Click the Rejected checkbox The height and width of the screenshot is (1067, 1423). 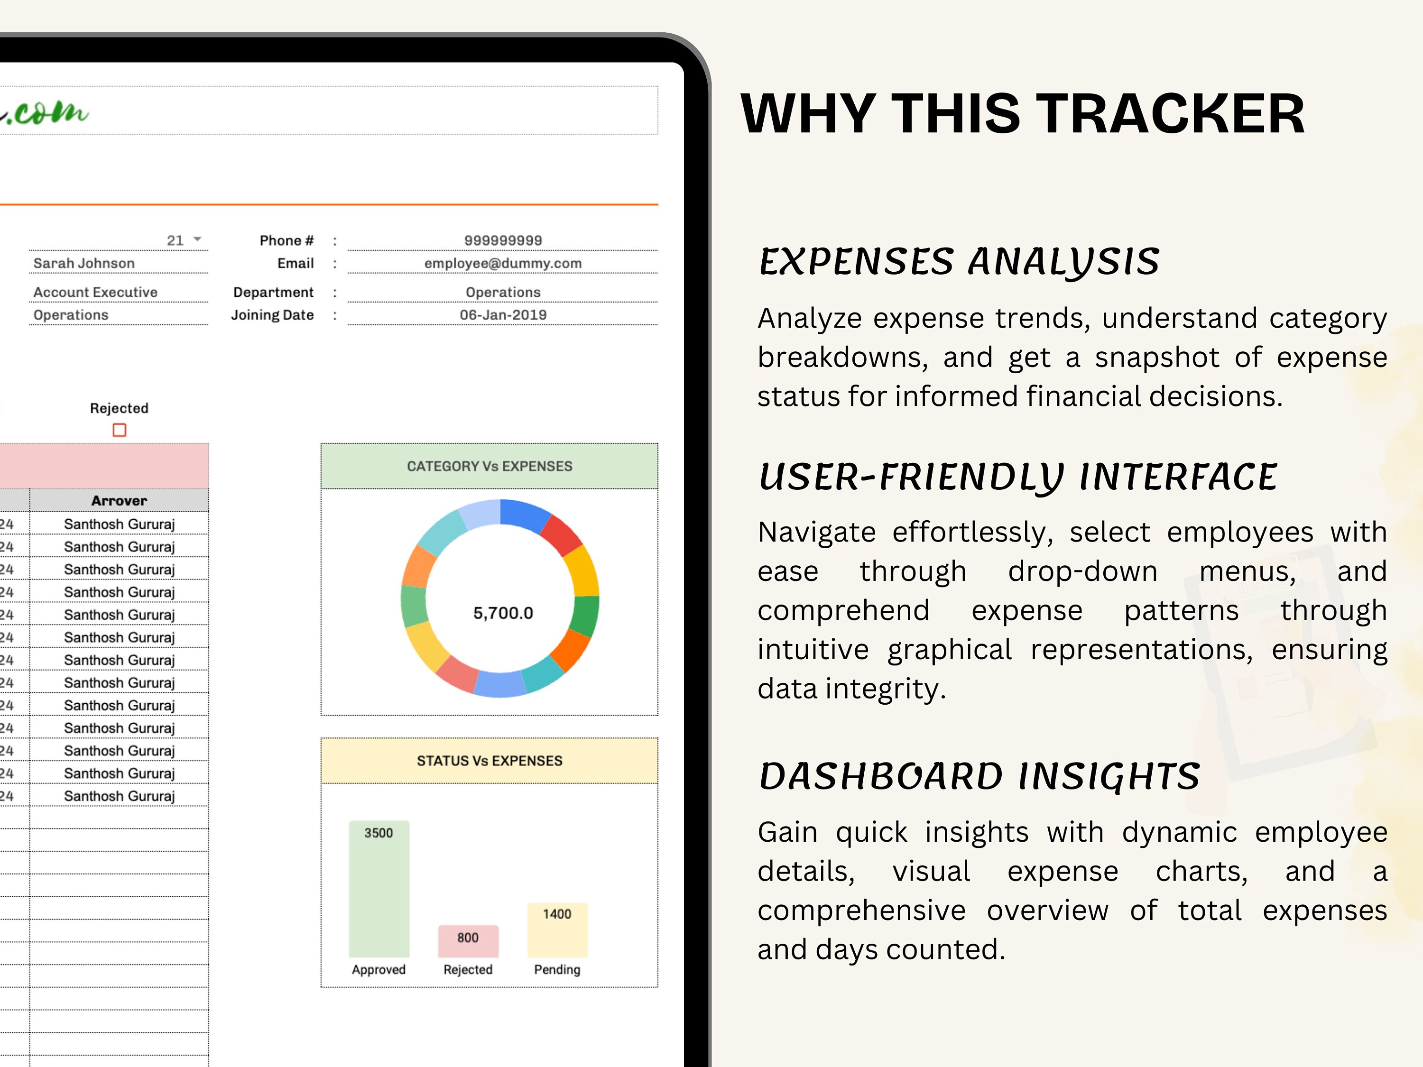[x=119, y=430]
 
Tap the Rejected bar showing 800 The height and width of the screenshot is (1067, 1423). [x=468, y=941]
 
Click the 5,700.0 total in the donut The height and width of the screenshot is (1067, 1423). [x=503, y=613]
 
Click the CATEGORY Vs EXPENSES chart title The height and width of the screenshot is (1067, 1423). [x=489, y=466]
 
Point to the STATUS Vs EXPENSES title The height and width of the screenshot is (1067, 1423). [x=489, y=761]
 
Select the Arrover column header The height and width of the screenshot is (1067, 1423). [x=119, y=500]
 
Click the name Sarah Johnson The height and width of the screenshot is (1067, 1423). [x=83, y=263]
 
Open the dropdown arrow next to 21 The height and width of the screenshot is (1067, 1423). [x=197, y=239]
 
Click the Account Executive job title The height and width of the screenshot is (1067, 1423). [x=95, y=292]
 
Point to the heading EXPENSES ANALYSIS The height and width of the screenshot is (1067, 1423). [x=959, y=261]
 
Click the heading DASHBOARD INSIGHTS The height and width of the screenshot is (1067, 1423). [x=979, y=776]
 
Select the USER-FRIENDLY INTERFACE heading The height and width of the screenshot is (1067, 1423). [x=1018, y=477]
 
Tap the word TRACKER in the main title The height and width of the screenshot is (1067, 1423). [x=1171, y=114]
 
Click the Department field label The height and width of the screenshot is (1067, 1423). [x=273, y=292]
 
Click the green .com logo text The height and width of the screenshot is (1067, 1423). [x=48, y=113]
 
